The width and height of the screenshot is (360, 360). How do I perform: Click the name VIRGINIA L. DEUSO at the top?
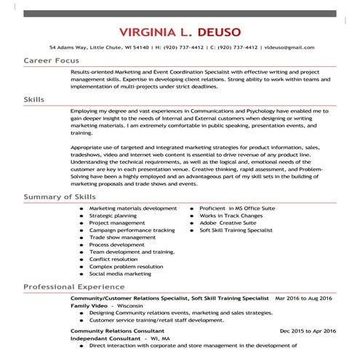pyautogui.click(x=180, y=32)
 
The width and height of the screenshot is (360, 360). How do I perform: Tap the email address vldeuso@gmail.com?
pyautogui.click(x=289, y=47)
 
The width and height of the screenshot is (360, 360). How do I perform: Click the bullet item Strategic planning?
pyautogui.click(x=113, y=215)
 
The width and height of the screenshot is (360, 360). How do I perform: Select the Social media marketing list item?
pyautogui.click(x=120, y=273)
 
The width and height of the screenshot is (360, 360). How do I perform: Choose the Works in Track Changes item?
pyautogui.click(x=232, y=215)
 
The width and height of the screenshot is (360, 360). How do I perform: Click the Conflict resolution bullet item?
pyautogui.click(x=113, y=259)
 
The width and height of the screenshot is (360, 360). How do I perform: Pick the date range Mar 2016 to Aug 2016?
pyautogui.click(x=303, y=298)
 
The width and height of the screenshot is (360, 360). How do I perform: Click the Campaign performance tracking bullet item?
pyautogui.click(x=132, y=230)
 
